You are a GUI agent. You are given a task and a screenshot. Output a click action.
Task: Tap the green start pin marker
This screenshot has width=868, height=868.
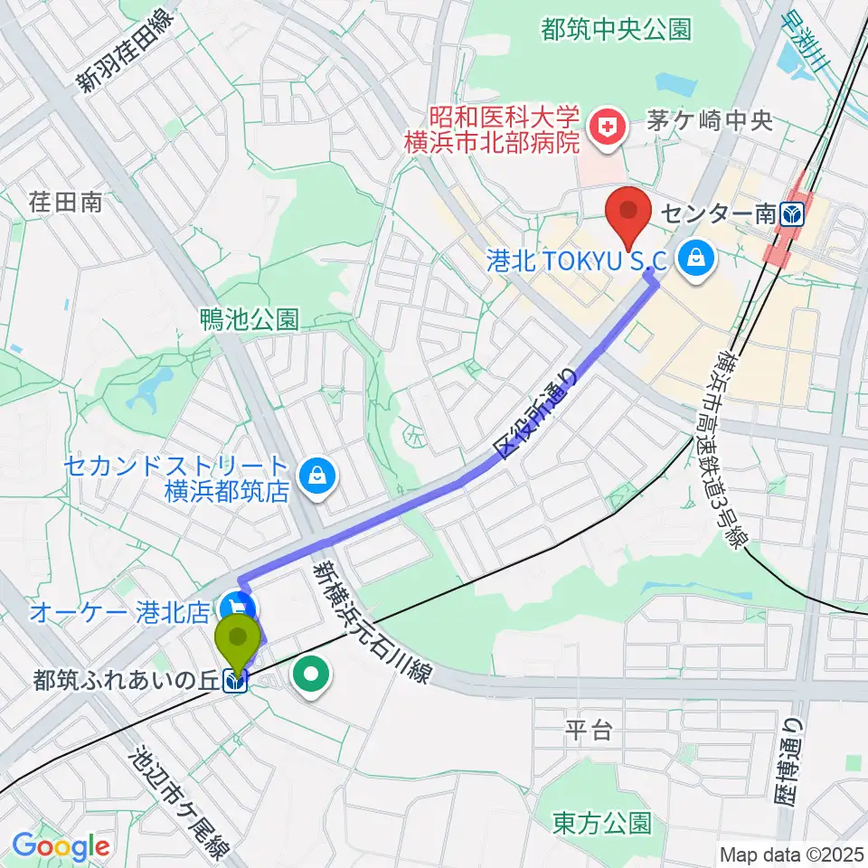[x=238, y=641]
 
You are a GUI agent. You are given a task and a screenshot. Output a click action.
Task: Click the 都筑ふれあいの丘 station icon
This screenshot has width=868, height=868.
[x=237, y=683]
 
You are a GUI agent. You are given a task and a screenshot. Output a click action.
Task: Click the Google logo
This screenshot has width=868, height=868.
[x=61, y=845]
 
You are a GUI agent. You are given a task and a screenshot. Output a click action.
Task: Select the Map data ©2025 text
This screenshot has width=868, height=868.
[x=790, y=854]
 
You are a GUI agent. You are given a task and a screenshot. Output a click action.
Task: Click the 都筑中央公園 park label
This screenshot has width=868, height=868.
[x=617, y=29]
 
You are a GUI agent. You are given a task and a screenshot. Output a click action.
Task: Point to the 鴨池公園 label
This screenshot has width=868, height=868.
[x=250, y=319]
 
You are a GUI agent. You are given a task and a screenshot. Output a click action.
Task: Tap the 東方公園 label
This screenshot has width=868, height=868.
[x=601, y=823]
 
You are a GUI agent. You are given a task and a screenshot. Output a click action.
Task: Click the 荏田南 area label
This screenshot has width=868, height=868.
[x=65, y=202]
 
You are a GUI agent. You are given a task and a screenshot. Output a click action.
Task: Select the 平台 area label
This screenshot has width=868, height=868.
[x=589, y=731]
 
